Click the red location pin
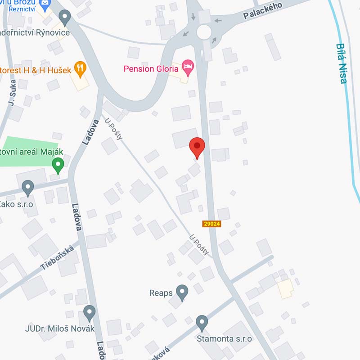(197, 146)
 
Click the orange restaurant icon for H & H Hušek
(80, 67)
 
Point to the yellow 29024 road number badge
(211, 224)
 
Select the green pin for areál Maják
(58, 164)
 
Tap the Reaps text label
(161, 293)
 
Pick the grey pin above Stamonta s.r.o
(202, 322)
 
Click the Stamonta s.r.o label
(224, 338)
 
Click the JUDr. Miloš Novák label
(60, 328)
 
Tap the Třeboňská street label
(57, 257)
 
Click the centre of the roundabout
(204, 31)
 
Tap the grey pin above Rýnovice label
(65, 18)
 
